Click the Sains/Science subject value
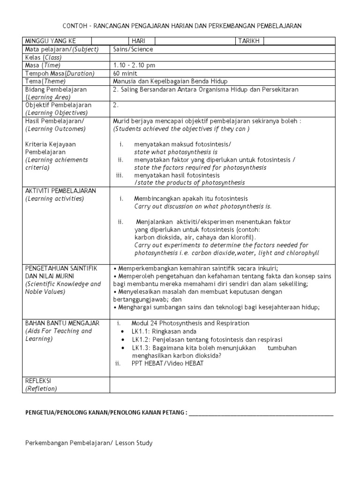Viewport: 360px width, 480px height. tap(133, 49)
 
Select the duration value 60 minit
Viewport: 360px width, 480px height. tap(125, 73)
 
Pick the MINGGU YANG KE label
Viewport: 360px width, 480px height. tap(50, 41)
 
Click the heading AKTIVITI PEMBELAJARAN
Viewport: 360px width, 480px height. tap(60, 191)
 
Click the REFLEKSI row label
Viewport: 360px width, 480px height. tap(38, 381)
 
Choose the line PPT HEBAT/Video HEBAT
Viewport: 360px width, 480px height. tap(168, 364)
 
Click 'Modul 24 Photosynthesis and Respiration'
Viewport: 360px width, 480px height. tap(190, 323)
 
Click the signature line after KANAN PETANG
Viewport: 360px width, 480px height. tap(261, 413)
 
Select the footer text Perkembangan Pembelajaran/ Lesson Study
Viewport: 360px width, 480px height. tap(89, 443)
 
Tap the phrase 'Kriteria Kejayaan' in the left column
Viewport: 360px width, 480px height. tap(50, 144)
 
